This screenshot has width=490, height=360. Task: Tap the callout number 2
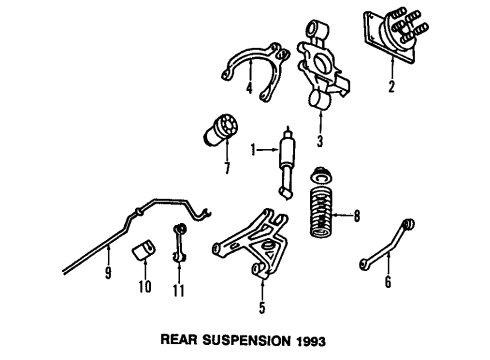pos(391,87)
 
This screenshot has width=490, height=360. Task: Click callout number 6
pos(388,282)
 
